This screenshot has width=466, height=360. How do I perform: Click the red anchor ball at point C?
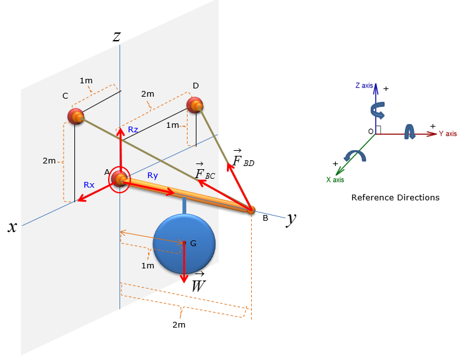(76, 116)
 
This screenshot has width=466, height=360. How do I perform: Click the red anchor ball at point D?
(195, 105)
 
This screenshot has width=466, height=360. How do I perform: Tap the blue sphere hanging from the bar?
(184, 243)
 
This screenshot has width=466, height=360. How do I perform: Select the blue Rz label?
(133, 130)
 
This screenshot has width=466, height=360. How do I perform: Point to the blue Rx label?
(89, 185)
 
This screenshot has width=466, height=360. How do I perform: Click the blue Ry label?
(153, 176)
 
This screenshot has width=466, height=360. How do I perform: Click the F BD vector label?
(243, 158)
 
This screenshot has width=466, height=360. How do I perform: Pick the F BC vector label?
(205, 171)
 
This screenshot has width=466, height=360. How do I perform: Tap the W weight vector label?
(198, 282)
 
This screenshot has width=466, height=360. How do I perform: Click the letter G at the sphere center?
(193, 244)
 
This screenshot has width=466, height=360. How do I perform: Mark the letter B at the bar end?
(265, 218)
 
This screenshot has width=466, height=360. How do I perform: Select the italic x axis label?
(12, 227)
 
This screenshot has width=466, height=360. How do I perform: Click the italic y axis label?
(291, 219)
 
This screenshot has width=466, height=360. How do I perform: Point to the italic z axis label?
(116, 36)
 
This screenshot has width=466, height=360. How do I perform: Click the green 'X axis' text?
(335, 179)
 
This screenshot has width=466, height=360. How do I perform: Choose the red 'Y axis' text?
(448, 134)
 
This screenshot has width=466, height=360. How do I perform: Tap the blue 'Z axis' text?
(364, 86)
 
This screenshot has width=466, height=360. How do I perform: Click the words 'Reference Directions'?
(395, 197)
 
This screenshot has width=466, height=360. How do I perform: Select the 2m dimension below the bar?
(179, 324)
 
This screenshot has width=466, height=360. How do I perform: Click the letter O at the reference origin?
(371, 132)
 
